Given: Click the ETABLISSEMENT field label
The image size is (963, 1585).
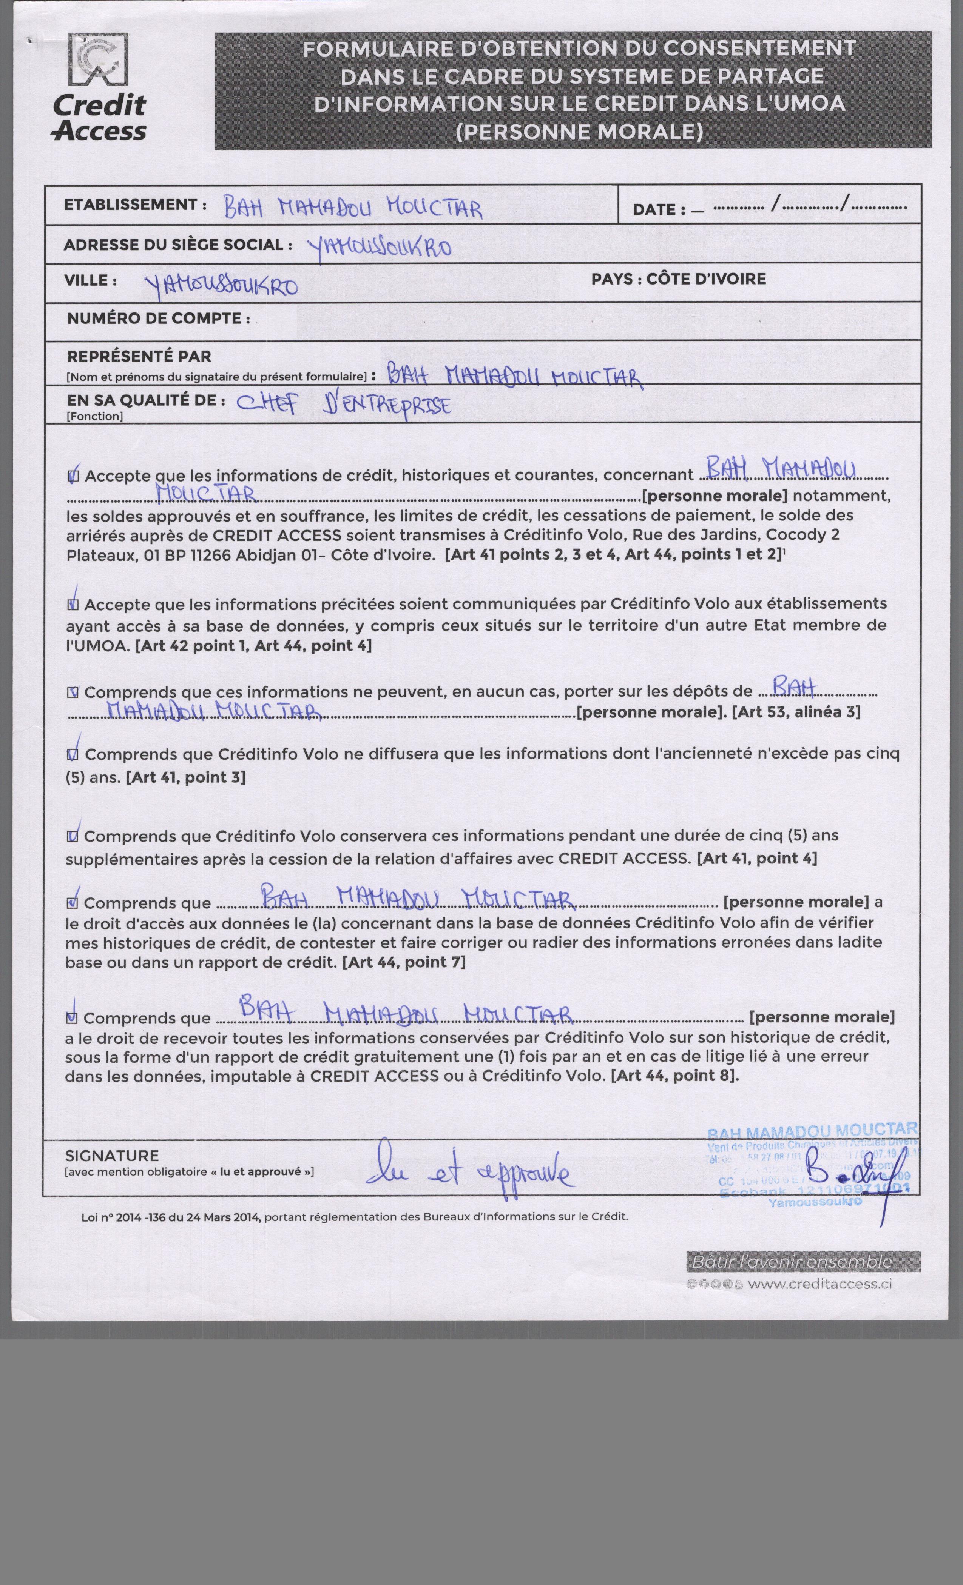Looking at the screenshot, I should pyautogui.click(x=134, y=205).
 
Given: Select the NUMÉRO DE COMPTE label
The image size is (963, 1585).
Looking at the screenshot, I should pyautogui.click(x=158, y=319).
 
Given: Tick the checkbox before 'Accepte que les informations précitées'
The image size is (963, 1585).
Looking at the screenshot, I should pyautogui.click(x=73, y=605).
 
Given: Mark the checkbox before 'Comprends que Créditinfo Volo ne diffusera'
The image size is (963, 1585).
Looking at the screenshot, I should pyautogui.click(x=73, y=754).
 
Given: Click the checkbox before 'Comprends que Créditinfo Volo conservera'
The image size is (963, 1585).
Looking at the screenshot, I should pyautogui.click(x=73, y=836).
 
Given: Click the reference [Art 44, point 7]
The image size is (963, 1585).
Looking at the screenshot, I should pyautogui.click(x=404, y=962).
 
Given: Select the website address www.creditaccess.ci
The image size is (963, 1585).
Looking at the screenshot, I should pyautogui.click(x=820, y=1284).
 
